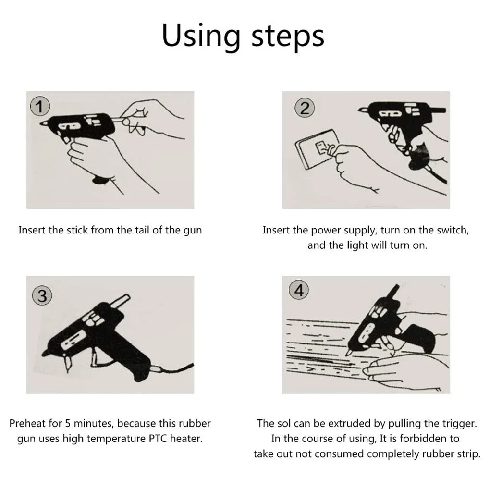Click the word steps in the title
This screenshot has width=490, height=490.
pos(288,37)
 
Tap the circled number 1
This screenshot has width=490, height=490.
pos(40,107)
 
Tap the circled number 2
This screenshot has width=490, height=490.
pos(305,108)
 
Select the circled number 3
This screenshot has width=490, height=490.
pos(42,296)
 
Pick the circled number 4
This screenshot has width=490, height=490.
pos(299,290)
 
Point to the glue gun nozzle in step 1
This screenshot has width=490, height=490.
pos(44,123)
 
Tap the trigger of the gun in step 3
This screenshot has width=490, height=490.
pos(94,357)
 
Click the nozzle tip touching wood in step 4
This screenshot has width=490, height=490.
pos(348,353)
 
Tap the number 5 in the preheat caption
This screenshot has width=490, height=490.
pos(68,423)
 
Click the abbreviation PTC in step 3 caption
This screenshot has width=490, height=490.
pos(158,439)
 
